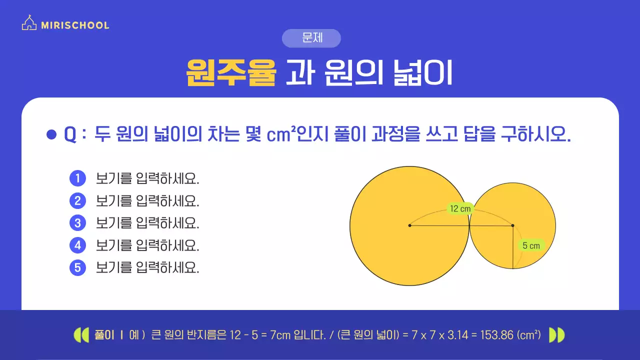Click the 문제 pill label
click(311, 38)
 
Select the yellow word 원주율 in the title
click(231, 73)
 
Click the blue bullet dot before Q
click(50, 134)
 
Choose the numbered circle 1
click(77, 178)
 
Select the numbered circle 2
click(77, 200)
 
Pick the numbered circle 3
click(77, 223)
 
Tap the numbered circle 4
click(77, 245)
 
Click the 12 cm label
click(460, 209)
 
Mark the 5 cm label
click(531, 245)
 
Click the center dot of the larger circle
click(409, 225)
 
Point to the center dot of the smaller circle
click(513, 225)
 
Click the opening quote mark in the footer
click(81, 335)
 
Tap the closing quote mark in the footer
click(556, 335)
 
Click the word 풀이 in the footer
click(105, 335)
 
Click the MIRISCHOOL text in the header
click(75, 25)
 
